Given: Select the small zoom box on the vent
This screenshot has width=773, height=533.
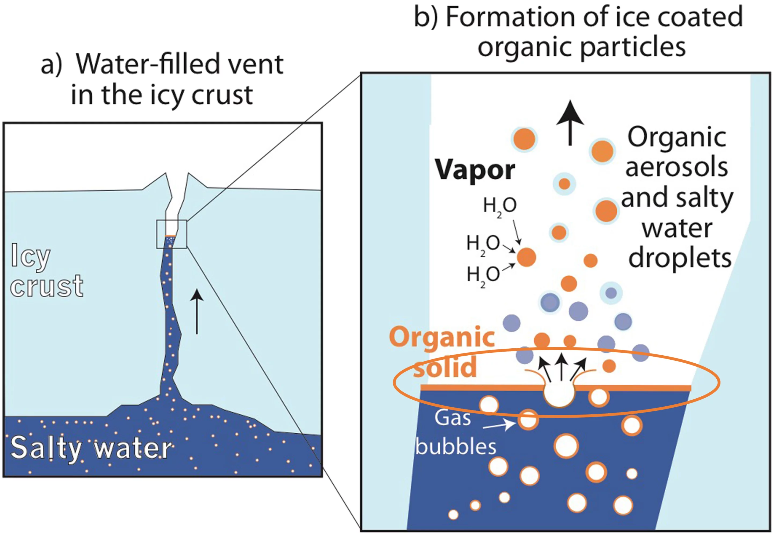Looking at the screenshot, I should tap(172, 234).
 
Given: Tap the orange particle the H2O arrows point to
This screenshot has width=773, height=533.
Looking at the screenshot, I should tap(527, 257).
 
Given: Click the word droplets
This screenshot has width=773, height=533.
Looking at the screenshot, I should tap(680, 258).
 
